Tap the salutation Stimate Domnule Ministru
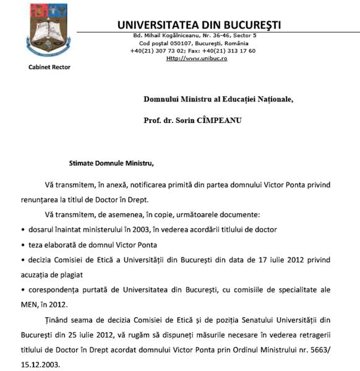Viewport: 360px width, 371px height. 111,164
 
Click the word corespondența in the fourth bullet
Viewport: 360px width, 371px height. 54,289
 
